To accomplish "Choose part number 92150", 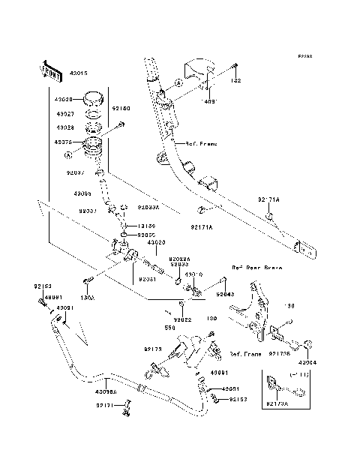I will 120,109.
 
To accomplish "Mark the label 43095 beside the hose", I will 82,193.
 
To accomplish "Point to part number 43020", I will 156,243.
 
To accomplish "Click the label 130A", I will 86,298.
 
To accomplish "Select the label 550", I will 170,328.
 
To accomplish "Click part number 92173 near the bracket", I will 153,348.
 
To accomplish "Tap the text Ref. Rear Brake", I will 256,267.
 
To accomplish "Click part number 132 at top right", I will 235,80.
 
